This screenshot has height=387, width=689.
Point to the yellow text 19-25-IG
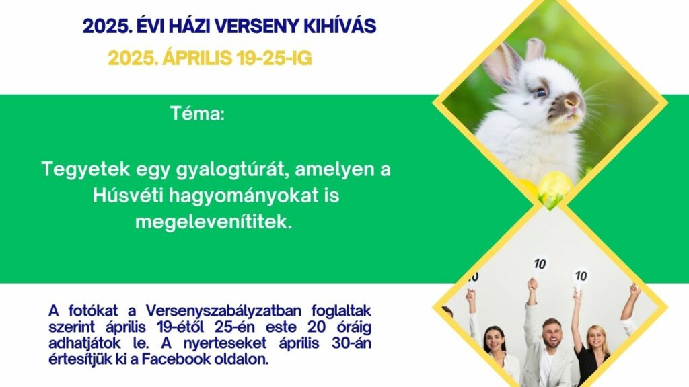click(274, 58)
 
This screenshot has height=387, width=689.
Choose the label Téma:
click(197, 114)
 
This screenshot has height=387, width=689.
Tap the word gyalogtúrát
click(232, 170)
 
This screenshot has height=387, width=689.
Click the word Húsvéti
click(128, 196)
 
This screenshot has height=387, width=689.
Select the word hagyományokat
click(243, 196)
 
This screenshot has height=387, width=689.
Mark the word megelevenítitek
click(213, 222)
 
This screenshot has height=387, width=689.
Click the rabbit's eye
click(541, 93)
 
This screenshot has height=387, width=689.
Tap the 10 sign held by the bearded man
click(540, 263)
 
